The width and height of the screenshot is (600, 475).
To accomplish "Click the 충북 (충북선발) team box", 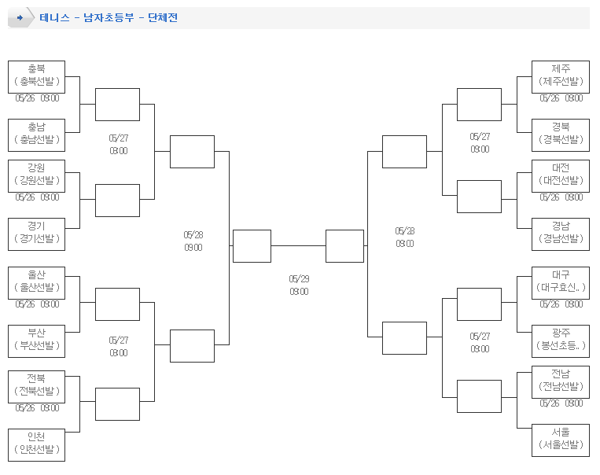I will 36,76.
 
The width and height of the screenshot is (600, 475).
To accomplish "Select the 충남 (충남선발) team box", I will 36,134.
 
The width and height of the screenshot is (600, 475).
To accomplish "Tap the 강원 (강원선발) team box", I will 36,175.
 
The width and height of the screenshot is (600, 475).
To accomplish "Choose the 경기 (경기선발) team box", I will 36,234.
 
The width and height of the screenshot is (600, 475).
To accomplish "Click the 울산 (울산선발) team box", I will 36,283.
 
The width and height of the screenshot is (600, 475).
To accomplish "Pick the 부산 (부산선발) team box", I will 36,341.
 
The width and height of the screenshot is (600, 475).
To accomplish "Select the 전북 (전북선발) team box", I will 36,386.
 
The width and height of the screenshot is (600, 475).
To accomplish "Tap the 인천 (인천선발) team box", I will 36,444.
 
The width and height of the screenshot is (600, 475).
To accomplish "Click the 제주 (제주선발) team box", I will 561,76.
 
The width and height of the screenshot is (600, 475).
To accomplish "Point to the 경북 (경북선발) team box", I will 561,134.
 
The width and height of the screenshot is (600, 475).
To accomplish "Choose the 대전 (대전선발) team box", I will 561,175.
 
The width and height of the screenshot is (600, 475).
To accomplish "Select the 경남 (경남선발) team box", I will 561,234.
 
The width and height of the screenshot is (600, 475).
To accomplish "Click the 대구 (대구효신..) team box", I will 561,283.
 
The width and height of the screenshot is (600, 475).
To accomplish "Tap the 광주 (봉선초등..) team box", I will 561,341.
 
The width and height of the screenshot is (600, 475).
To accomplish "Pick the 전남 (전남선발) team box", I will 561,381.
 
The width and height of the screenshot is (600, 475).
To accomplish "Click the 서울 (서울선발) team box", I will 561,440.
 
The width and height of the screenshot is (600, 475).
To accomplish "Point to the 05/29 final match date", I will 299,278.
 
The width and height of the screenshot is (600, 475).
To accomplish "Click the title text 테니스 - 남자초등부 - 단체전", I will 109,17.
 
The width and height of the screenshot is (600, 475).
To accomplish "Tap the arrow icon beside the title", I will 20,17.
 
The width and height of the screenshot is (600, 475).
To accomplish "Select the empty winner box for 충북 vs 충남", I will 117,105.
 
